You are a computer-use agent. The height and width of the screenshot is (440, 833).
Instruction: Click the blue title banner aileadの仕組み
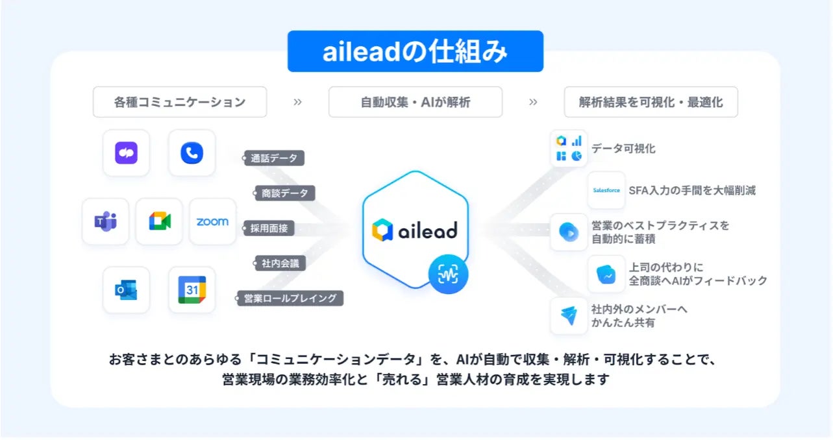pyautogui.click(x=415, y=51)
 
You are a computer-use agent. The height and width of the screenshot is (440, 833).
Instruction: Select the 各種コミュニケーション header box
pyautogui.click(x=180, y=102)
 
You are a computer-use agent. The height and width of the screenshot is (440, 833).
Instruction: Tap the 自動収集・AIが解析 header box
pyautogui.click(x=415, y=102)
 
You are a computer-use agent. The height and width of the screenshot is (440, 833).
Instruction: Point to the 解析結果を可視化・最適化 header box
pyautogui.click(x=651, y=102)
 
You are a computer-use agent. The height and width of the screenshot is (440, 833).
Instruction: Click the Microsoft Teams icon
pyautogui.click(x=105, y=221)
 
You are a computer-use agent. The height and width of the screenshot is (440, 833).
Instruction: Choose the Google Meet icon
pyautogui.click(x=159, y=221)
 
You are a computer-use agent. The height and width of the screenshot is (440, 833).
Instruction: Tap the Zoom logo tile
pyautogui.click(x=212, y=221)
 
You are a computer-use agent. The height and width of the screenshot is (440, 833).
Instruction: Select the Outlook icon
pyautogui.click(x=126, y=290)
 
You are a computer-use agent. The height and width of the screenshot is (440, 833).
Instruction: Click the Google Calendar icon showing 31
pyautogui.click(x=192, y=290)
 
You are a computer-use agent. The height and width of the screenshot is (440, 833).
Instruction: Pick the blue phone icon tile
pyautogui.click(x=192, y=153)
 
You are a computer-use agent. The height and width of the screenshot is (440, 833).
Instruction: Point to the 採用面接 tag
pyautogui.click(x=269, y=228)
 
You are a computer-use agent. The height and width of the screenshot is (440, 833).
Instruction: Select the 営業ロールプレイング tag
pyautogui.click(x=290, y=299)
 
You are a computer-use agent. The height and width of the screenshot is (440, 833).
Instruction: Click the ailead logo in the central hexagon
pyautogui.click(x=415, y=230)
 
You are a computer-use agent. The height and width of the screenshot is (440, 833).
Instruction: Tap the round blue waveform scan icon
pyautogui.click(x=448, y=275)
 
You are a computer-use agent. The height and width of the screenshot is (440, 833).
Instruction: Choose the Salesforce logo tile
pyautogui.click(x=606, y=190)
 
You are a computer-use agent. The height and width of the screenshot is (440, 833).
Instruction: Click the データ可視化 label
pyautogui.click(x=623, y=149)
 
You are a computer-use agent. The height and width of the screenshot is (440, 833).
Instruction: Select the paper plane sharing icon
pyautogui.click(x=569, y=315)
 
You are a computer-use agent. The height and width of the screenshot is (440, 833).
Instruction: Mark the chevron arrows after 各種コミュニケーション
pyautogui.click(x=297, y=102)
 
